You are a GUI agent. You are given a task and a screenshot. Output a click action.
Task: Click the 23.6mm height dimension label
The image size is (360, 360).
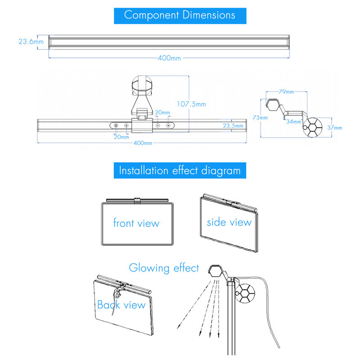point(31,41)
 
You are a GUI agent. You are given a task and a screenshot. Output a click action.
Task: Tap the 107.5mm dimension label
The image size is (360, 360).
point(191,104)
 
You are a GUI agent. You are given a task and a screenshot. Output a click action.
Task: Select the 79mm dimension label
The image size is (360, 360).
point(286,92)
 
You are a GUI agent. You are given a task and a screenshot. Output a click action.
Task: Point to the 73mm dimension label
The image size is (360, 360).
point(260,117)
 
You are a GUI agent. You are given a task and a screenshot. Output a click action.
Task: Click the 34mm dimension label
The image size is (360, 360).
point(294,121)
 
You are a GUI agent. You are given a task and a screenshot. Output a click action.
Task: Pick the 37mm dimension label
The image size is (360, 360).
point(335,128)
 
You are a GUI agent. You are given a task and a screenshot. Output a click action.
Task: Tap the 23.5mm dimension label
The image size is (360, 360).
point(233,126)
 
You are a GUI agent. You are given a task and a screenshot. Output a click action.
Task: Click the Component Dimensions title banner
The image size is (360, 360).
point(180,16)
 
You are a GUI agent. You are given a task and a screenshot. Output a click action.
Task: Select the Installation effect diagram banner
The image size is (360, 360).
point(180,171)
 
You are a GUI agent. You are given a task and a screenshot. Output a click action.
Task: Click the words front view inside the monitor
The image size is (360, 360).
point(136,223)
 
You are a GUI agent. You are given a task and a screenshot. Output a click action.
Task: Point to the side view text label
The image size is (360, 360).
point(229,222)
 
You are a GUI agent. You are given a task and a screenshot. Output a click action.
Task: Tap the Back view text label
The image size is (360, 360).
point(121,305)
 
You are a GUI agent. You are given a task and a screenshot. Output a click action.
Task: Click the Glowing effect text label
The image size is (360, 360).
point(164,268)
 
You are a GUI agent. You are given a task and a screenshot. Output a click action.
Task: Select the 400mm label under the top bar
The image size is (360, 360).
point(169,58)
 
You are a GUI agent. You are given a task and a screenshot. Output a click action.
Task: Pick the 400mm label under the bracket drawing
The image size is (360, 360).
point(143,143)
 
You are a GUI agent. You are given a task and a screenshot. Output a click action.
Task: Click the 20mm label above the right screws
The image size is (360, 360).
point(162,112)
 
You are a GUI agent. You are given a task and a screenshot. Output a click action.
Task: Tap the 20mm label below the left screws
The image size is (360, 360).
point(121,137)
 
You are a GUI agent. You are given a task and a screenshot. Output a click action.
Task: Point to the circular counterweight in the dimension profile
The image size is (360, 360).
point(312,127)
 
